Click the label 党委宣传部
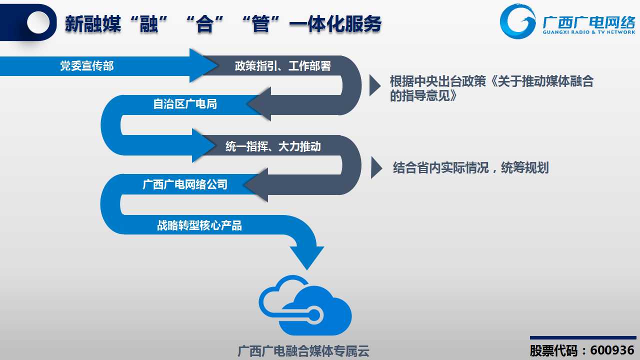tap(87, 66)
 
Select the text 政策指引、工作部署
tap(283, 66)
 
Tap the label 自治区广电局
tap(185, 104)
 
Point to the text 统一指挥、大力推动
tap(273, 146)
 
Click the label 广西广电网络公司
tap(185, 184)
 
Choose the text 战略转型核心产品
tap(199, 225)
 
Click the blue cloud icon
tap(305, 305)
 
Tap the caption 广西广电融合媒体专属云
tap(303, 351)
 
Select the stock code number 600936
tap(612, 350)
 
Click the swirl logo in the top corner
tap(517, 21)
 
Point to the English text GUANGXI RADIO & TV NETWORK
tap(589, 32)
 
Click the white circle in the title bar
tap(38, 22)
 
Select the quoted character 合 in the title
tap(204, 24)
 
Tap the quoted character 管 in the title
tap(260, 24)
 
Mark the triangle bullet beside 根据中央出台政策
tap(375, 85)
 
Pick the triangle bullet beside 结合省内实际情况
tap(376, 167)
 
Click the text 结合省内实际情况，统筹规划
tap(471, 167)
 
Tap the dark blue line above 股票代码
tap(583, 337)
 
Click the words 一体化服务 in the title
tap(335, 24)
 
